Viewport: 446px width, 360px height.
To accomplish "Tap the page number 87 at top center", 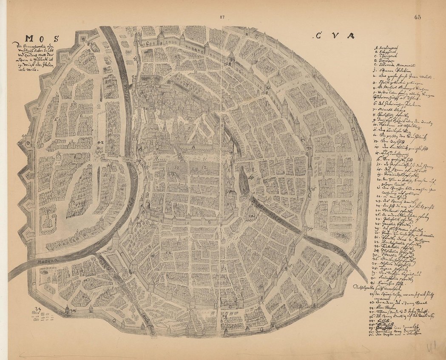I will tap(222, 17).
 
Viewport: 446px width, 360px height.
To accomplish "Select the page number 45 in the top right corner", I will tap(416, 17).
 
